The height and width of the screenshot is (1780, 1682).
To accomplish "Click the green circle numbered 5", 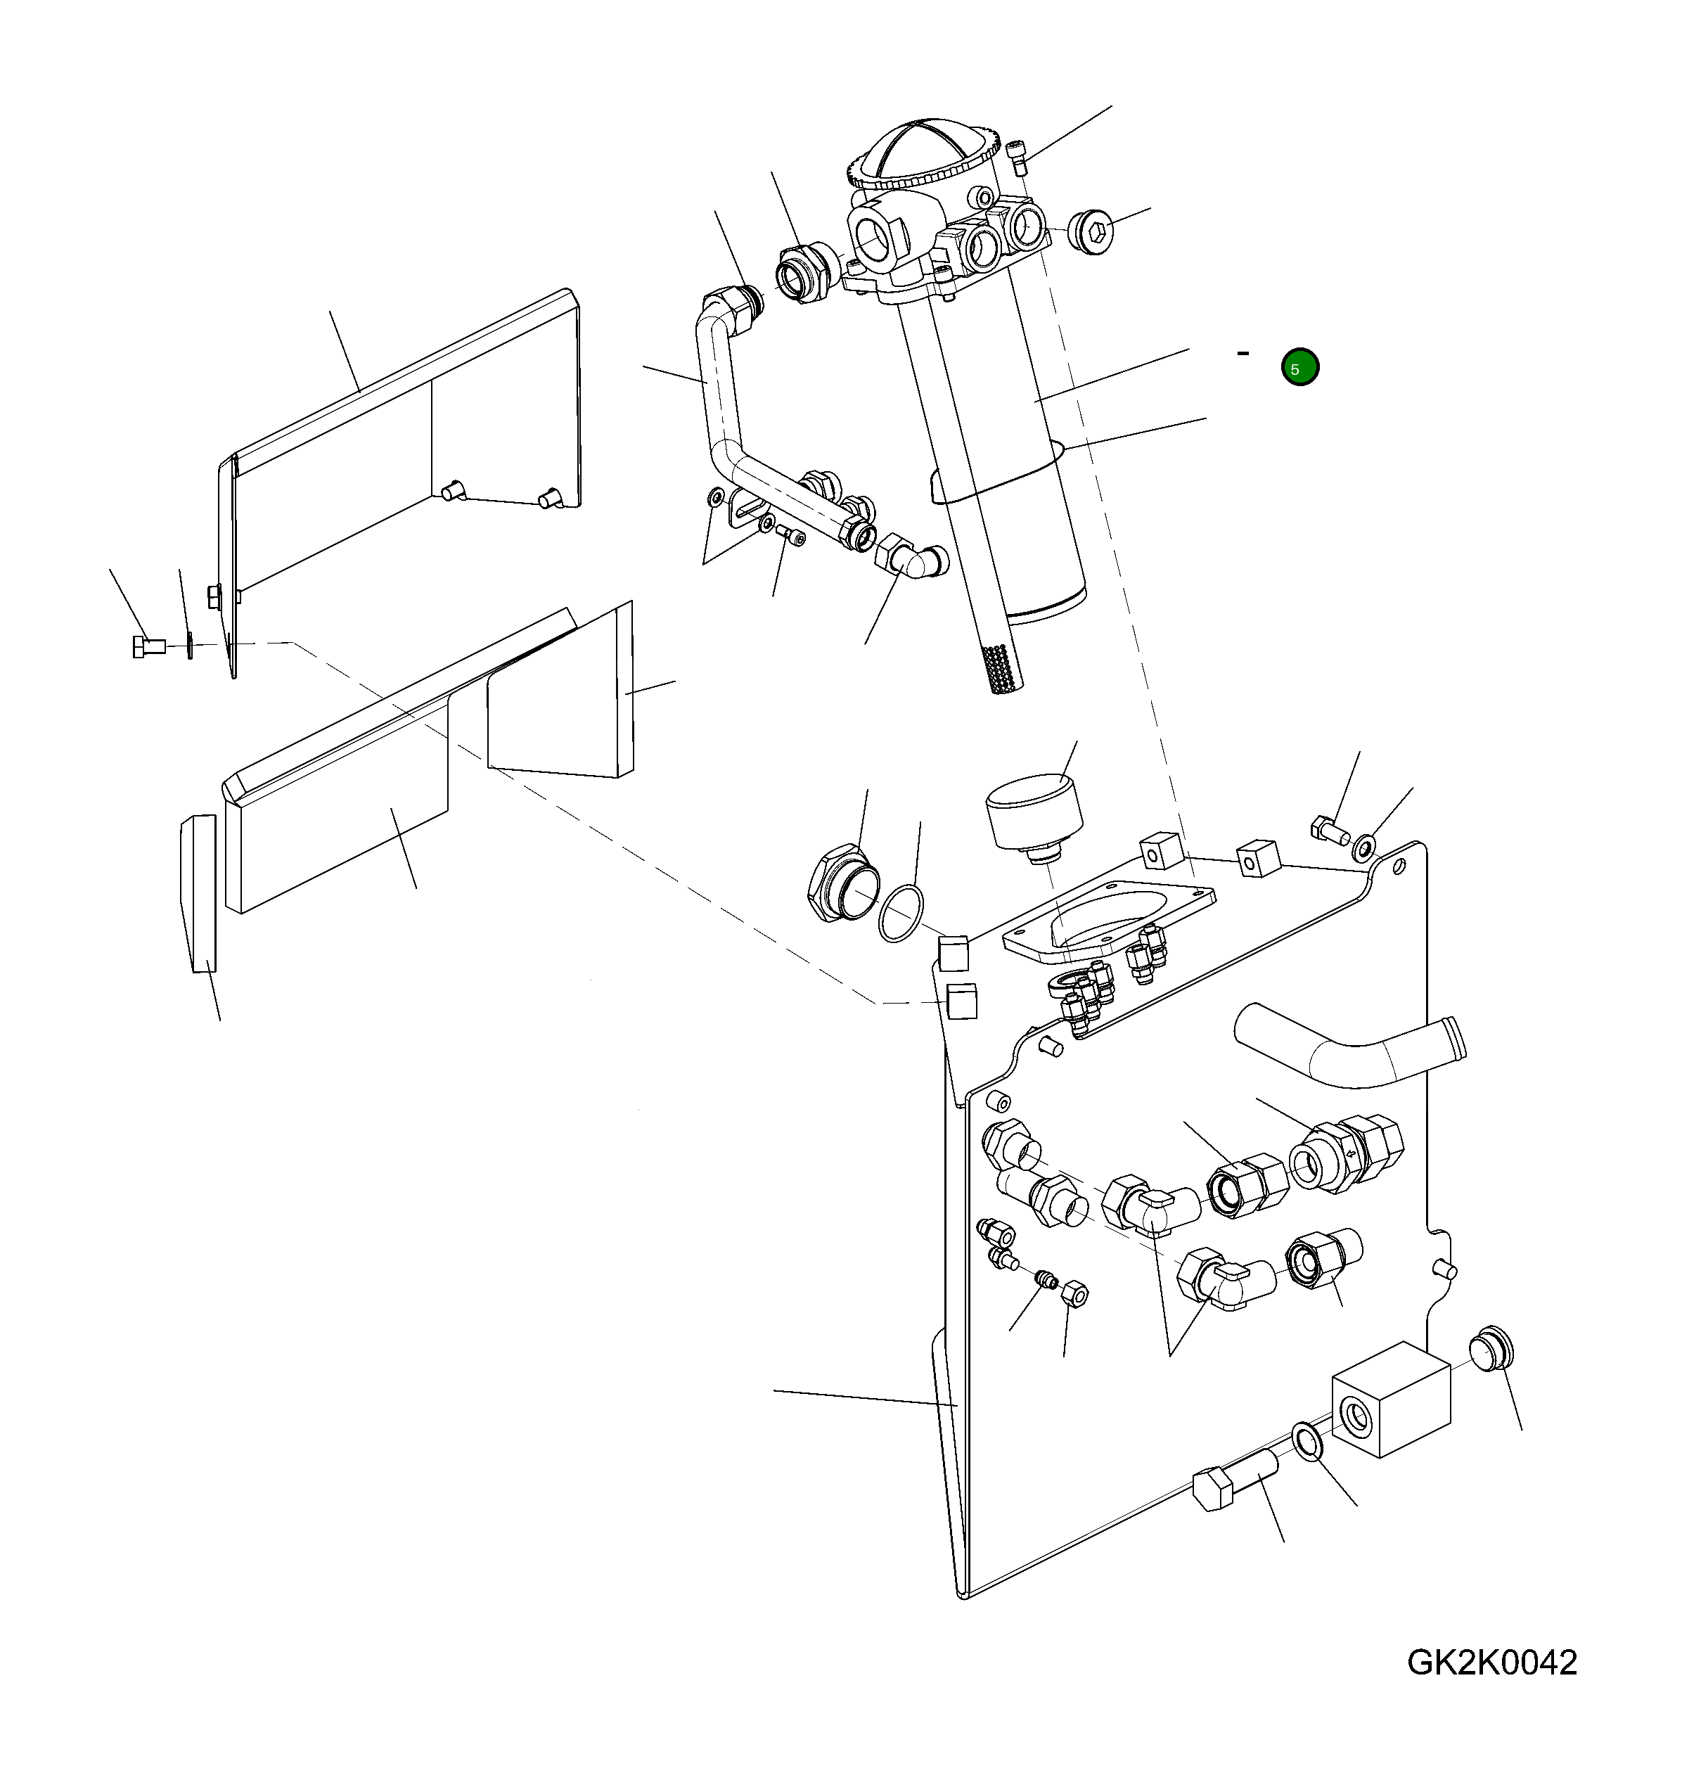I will [x=1299, y=367].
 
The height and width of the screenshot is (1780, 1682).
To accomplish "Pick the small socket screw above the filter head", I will [x=1016, y=159].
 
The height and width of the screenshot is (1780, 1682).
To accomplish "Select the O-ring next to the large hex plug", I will [x=900, y=914].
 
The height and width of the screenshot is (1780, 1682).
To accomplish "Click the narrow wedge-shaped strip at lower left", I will [x=199, y=892].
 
